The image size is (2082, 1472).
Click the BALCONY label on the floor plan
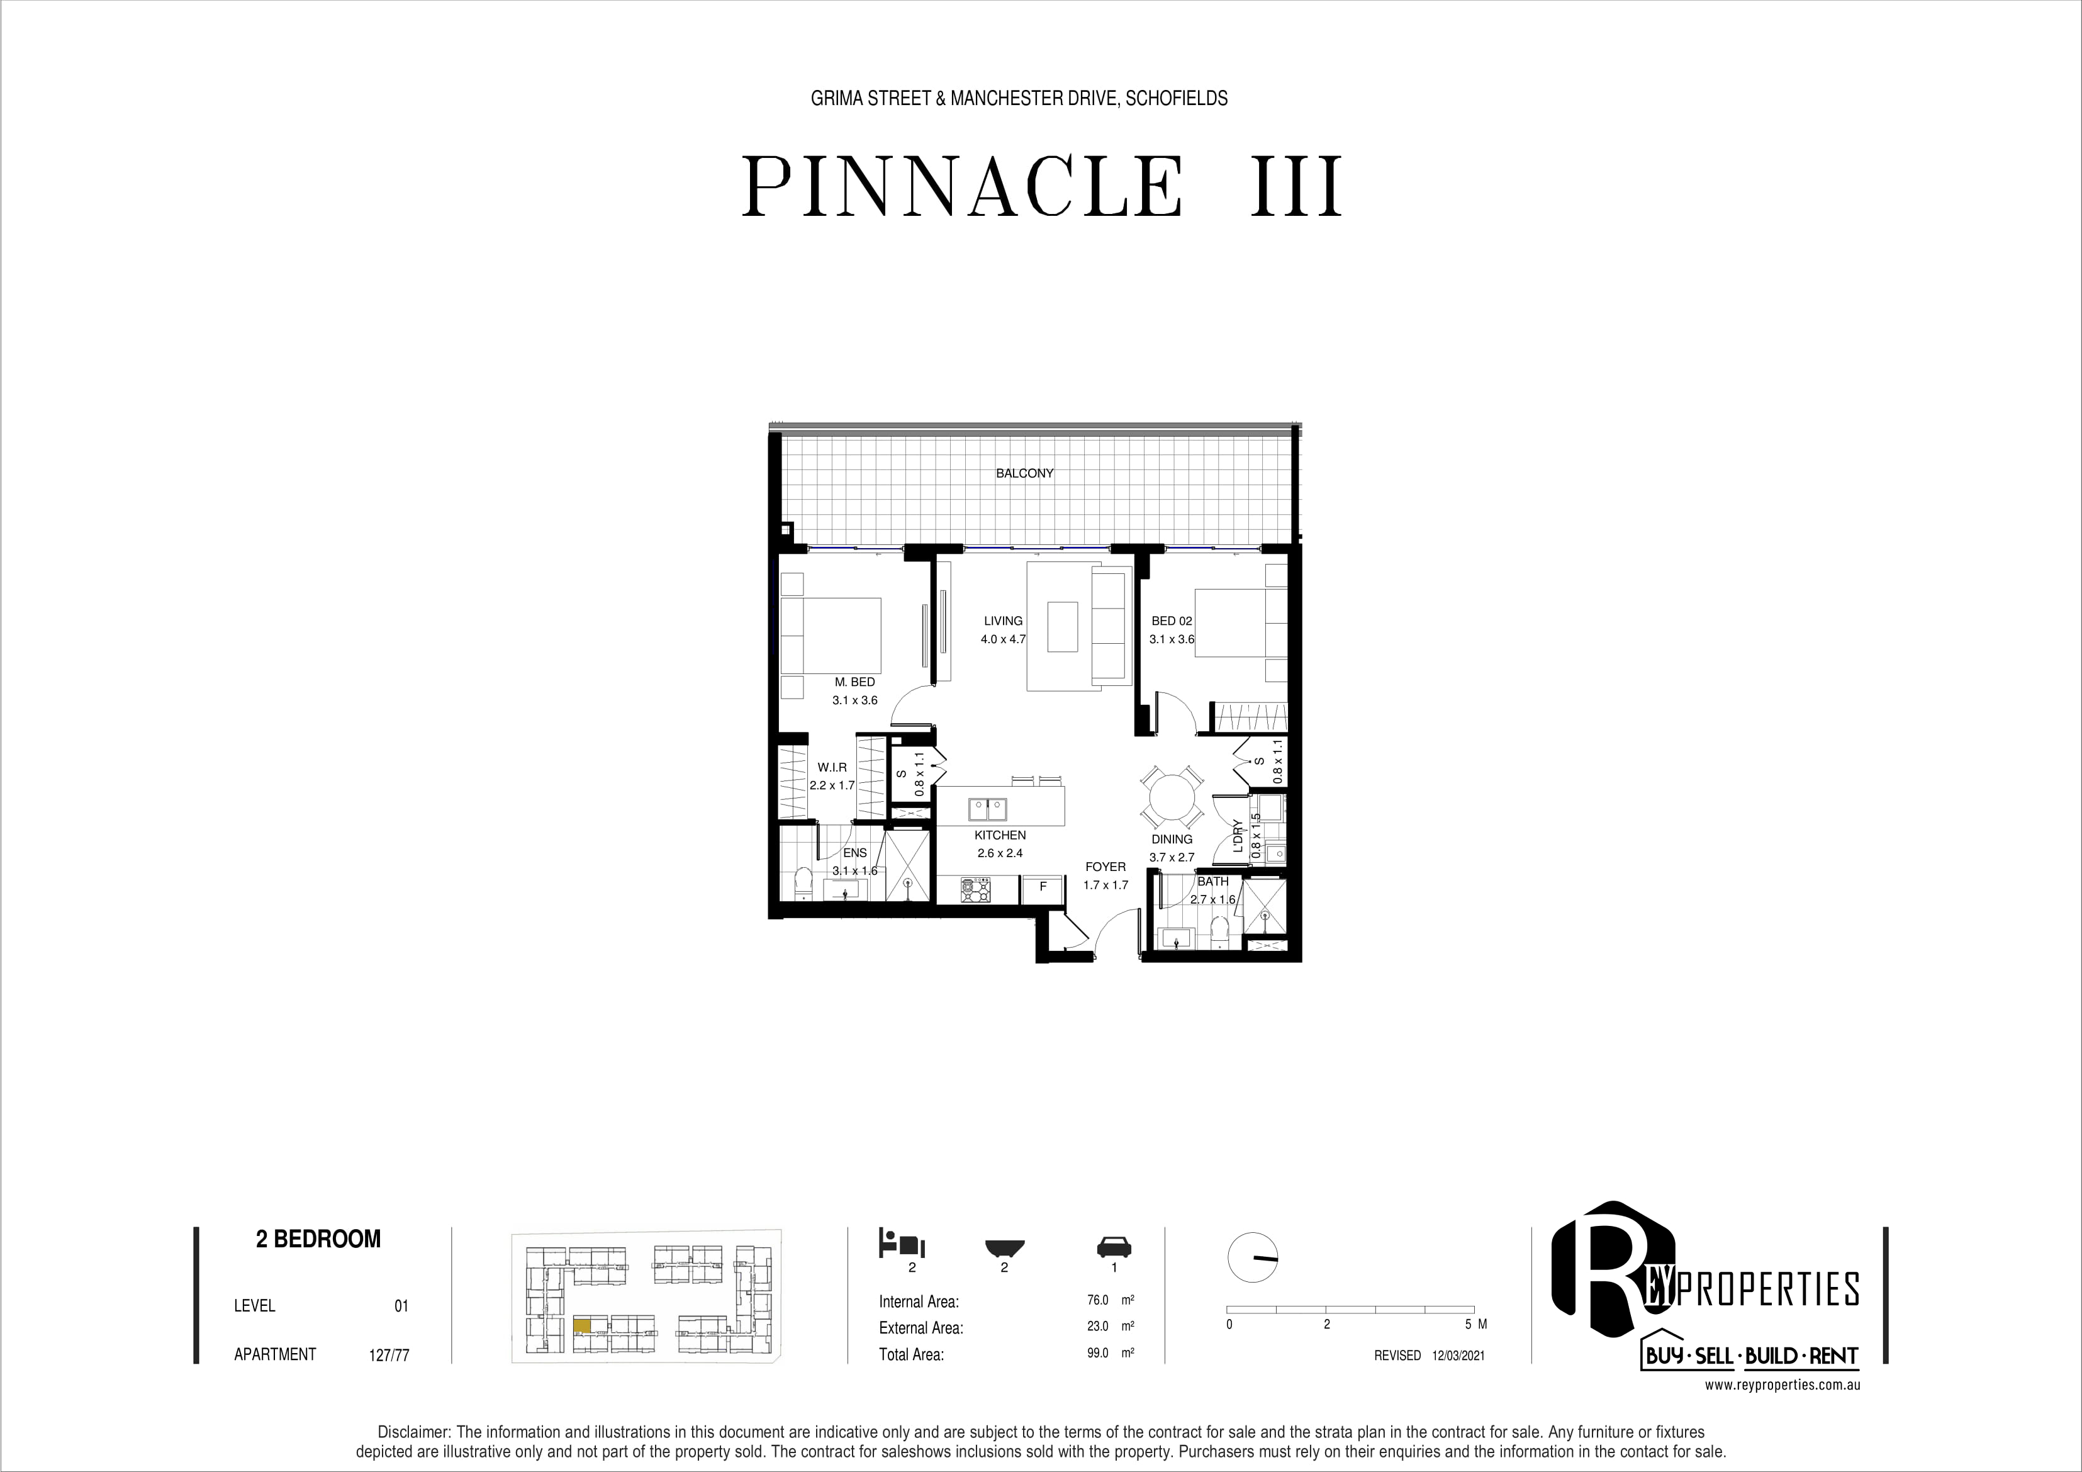pyautogui.click(x=1025, y=473)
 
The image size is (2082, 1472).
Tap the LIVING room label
pyautogui.click(x=1003, y=621)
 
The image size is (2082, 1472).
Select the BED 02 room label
pyautogui.click(x=1172, y=621)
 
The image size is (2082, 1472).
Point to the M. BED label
pyautogui.click(x=855, y=682)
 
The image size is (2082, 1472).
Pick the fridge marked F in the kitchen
pyautogui.click(x=1043, y=888)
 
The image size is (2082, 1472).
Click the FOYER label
pyautogui.click(x=1105, y=867)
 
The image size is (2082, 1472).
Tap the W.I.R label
pyautogui.click(x=832, y=767)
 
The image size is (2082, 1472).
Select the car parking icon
pyautogui.click(x=1114, y=1245)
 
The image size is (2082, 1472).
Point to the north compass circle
pyautogui.click(x=1252, y=1258)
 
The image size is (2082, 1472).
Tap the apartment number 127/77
pyautogui.click(x=389, y=1355)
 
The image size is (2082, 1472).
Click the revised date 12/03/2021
pyautogui.click(x=1458, y=1355)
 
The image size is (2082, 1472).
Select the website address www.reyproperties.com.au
pyautogui.click(x=1783, y=1386)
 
